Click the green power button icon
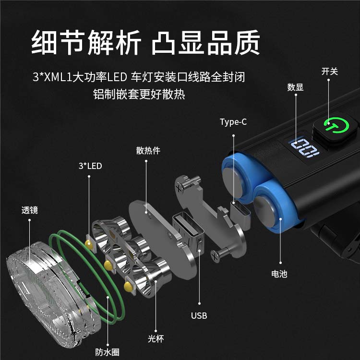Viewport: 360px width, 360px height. coord(336,125)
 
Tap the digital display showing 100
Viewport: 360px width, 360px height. coord(304,148)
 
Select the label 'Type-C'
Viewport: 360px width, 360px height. coord(233,122)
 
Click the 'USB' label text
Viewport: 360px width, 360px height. coord(199,316)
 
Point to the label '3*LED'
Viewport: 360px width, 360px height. coord(90,166)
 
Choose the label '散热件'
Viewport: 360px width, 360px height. coord(148,151)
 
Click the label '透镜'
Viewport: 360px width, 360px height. coord(30,210)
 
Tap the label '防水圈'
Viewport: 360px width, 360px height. coord(108,352)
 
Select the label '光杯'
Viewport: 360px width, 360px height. coord(156,339)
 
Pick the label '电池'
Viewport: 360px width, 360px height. coord(279,274)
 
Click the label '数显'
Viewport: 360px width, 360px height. coord(295,87)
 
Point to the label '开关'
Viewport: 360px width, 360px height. coord(330,72)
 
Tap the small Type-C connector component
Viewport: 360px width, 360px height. coord(240,215)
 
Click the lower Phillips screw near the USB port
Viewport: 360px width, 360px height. coord(220,253)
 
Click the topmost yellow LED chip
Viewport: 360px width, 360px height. coord(89,245)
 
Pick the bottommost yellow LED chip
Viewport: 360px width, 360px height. coord(129,287)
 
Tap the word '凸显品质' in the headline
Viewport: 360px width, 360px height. coord(206,43)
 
